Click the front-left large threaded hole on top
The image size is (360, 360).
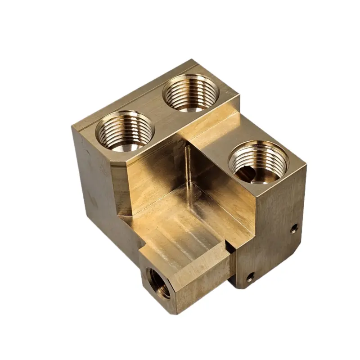[x=125, y=131]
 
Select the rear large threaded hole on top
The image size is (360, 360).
[x=191, y=93]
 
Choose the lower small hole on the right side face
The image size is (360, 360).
[x=250, y=276]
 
